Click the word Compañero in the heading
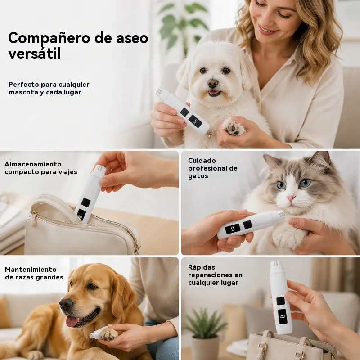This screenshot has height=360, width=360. pos(49,38)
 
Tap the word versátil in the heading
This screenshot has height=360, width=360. pos(35,54)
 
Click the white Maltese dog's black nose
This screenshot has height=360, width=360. pos(213,83)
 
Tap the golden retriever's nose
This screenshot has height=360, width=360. pos(66,304)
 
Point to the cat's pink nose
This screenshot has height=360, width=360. pos(291,198)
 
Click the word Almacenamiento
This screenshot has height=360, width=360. pos(33,164)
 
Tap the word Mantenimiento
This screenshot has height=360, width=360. pos(31,269)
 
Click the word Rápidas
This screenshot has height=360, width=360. pos(202,267)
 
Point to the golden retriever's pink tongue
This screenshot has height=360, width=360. pos(72,321)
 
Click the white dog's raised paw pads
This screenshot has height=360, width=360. pos(232,127)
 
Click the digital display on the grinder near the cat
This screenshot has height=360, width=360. pos(233,229)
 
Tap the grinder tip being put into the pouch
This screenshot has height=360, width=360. pos(100,169)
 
